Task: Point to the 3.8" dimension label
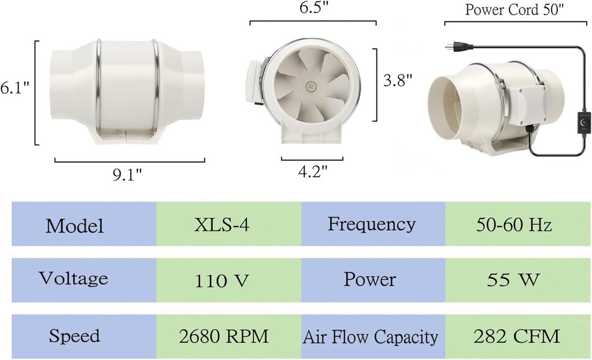tap(398, 80)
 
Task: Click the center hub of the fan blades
tap(311, 86)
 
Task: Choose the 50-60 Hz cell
tap(514, 224)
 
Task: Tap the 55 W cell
tap(514, 281)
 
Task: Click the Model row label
tap(75, 225)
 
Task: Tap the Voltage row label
tap(73, 279)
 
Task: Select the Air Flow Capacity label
tap(371, 337)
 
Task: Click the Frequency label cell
tap(371, 224)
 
